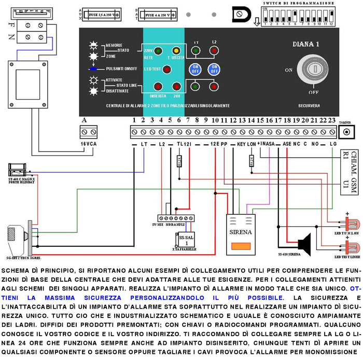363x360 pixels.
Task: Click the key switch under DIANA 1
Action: coord(313,69)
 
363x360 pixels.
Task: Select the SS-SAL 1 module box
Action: coord(183,240)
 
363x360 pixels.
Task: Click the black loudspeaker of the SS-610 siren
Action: coord(303,243)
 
